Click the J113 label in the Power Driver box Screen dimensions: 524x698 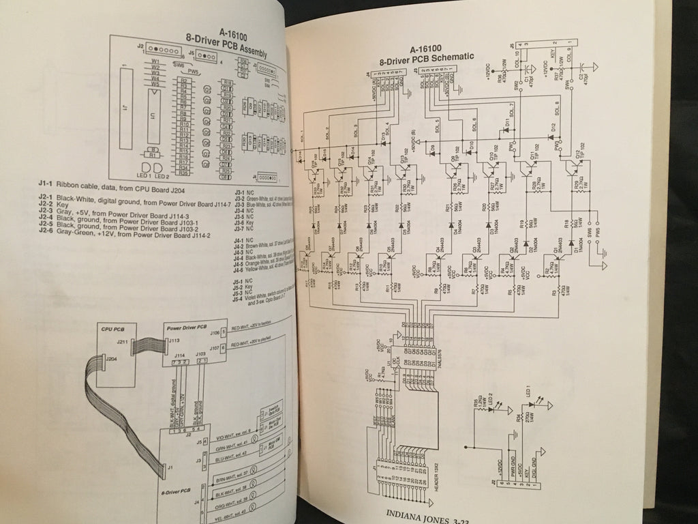click(174, 339)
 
